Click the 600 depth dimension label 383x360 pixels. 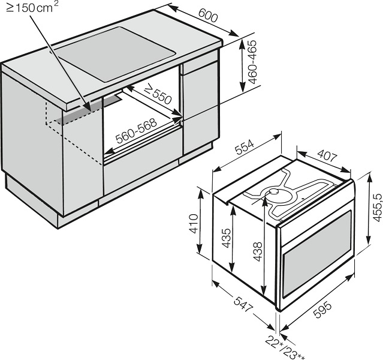coord(207,15)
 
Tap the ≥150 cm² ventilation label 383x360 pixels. coord(32,8)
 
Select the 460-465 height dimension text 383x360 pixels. coord(252,62)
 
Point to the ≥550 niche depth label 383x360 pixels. coord(158,94)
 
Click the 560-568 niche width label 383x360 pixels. coord(136,131)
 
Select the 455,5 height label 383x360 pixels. coord(377,208)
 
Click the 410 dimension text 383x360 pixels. coord(194,224)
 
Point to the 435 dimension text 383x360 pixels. coord(226,238)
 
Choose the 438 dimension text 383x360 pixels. coord(258,251)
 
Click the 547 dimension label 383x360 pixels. coord(242,304)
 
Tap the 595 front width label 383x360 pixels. coord(322,310)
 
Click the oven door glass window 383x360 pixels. coord(317,251)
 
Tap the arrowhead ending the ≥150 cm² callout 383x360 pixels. coord(88,107)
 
